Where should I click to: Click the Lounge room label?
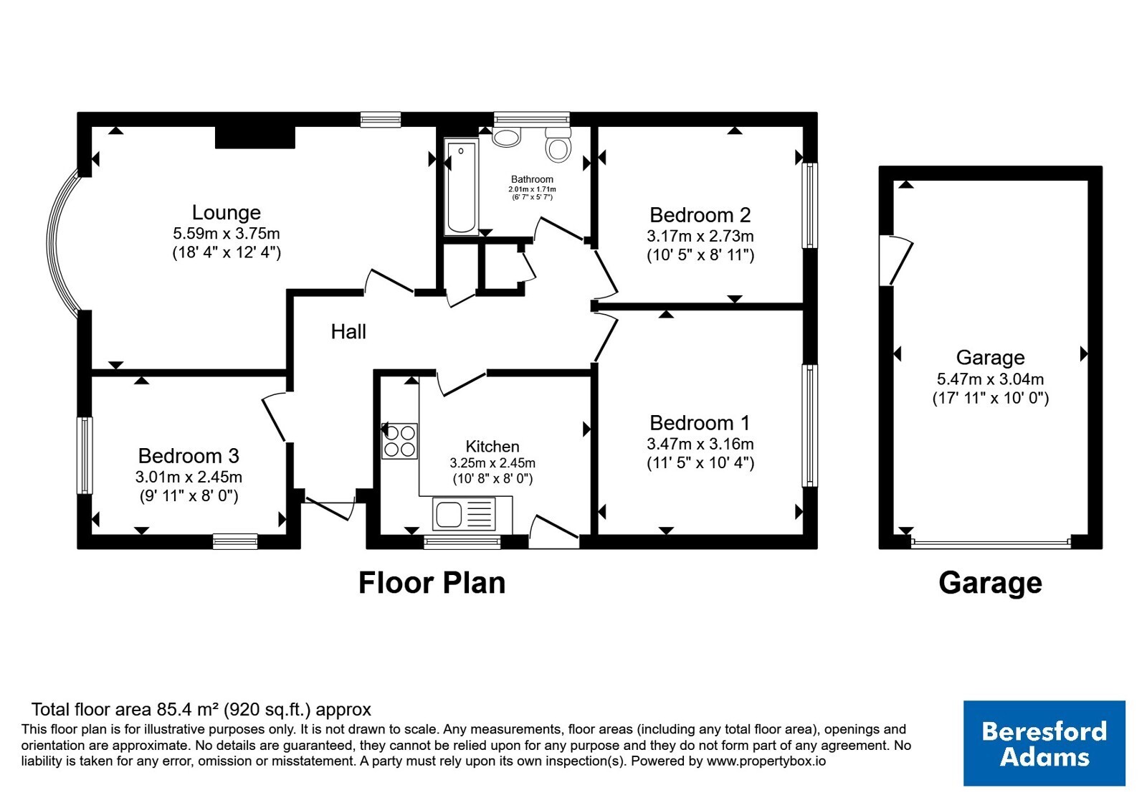click(x=227, y=212)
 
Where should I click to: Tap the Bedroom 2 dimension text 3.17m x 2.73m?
click(x=700, y=236)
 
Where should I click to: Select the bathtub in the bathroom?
click(x=462, y=186)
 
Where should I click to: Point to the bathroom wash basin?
click(x=506, y=136)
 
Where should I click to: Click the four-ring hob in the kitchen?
click(x=399, y=441)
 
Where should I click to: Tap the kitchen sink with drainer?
click(x=465, y=513)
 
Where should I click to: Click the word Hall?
click(x=348, y=332)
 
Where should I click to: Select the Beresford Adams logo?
click(x=1044, y=743)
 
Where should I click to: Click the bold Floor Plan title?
click(x=432, y=583)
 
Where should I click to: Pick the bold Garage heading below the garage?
click(x=990, y=584)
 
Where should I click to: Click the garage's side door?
click(x=895, y=260)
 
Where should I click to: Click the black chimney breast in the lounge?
click(x=255, y=137)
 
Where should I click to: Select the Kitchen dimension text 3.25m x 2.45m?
click(x=492, y=463)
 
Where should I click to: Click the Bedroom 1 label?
click(x=700, y=423)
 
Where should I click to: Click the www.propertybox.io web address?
click(x=766, y=761)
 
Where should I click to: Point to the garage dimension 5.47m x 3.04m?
click(x=990, y=379)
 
